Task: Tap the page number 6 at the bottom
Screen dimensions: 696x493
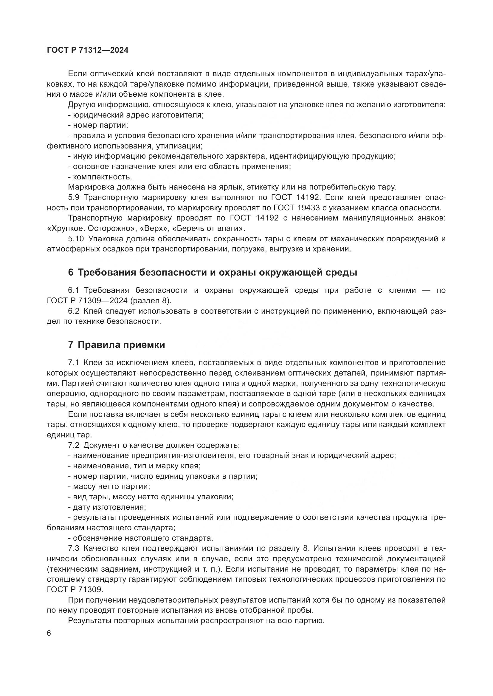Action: pos(49,633)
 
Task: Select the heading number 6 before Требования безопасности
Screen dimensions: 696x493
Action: pos(70,273)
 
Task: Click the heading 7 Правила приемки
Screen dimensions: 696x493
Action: pos(117,345)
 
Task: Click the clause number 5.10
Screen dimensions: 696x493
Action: pos(76,239)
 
